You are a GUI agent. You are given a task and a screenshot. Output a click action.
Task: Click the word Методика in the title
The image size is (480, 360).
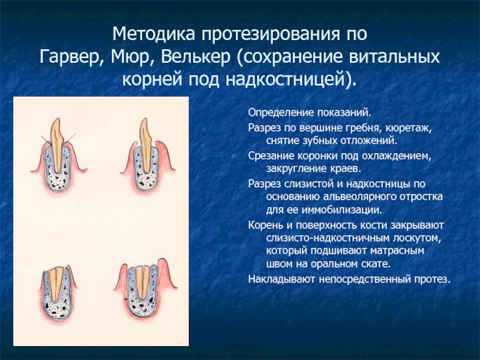pos(154,34)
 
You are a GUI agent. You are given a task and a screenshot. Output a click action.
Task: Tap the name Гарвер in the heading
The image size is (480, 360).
pos(72,56)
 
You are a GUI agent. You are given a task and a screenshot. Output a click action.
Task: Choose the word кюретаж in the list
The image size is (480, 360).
pos(409,128)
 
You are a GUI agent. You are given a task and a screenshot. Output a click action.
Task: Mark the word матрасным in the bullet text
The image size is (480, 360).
pos(397,251)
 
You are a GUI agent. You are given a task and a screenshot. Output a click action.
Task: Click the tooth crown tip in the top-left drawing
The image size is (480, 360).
pos(56,119)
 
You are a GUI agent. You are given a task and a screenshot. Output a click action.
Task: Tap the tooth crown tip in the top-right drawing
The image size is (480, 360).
pos(144,119)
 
